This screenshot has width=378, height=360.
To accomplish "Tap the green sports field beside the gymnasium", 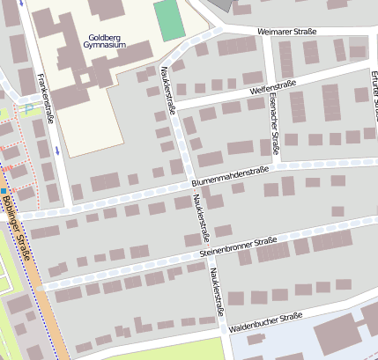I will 170,19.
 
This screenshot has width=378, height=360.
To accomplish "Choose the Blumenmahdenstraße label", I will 230,176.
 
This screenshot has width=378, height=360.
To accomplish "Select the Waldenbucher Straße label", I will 265,321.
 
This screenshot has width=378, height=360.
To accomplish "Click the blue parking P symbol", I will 28,108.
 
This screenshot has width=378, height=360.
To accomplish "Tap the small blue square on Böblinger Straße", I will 4,190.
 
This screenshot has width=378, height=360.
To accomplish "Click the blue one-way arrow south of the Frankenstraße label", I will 57,150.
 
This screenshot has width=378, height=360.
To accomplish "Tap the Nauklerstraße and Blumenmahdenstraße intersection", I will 186,187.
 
